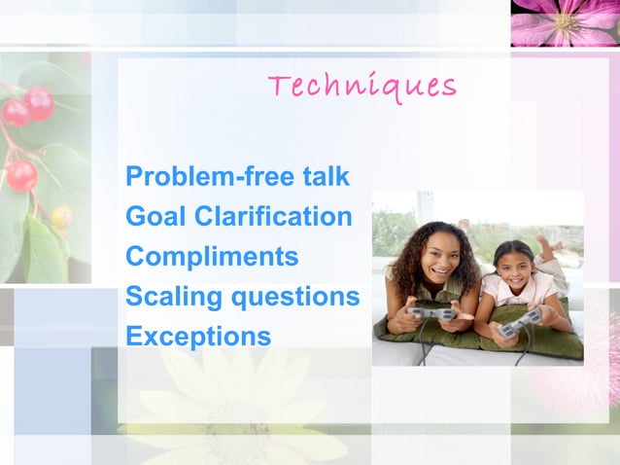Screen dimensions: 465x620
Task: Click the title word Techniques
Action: coord(362,88)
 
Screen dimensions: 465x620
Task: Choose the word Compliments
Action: coord(212,258)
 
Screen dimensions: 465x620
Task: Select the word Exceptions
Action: coord(198,337)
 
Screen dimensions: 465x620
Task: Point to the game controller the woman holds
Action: coord(431,313)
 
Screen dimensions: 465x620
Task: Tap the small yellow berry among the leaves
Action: coord(61,217)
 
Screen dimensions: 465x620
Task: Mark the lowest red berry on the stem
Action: coord(20,175)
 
